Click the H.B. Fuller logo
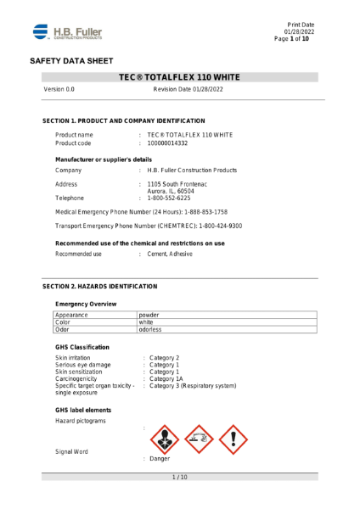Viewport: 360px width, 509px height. click(x=67, y=32)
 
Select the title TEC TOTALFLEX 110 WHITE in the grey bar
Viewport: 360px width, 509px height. click(x=180, y=77)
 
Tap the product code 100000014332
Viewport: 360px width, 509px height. click(x=174, y=143)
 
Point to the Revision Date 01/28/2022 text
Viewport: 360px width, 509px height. click(x=188, y=88)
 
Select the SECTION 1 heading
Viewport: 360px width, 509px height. click(x=123, y=121)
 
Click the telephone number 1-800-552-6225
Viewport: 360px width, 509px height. click(x=171, y=197)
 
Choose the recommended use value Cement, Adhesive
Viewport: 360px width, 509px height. click(x=170, y=254)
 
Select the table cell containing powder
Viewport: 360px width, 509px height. click(x=149, y=315)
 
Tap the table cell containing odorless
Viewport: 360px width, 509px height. click(x=151, y=329)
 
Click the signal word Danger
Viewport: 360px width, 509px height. click(x=160, y=458)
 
